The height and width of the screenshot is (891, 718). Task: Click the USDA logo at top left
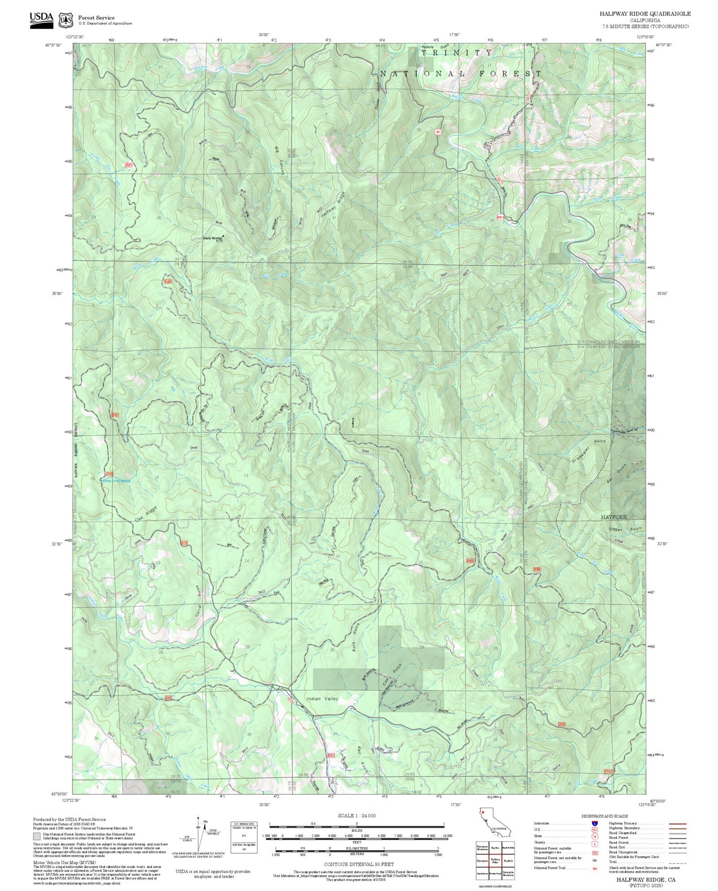coord(41,19)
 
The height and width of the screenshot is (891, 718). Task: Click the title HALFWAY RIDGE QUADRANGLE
coord(644,13)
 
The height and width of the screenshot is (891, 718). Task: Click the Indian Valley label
coord(322,699)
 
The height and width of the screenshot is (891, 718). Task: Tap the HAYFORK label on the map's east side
coord(614,517)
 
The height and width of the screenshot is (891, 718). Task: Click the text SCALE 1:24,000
coord(357,816)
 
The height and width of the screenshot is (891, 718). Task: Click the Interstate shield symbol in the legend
coord(594,823)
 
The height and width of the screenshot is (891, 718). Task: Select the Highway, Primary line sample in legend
coord(677,823)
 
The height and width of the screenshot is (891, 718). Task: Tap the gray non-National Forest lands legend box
coord(37,836)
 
